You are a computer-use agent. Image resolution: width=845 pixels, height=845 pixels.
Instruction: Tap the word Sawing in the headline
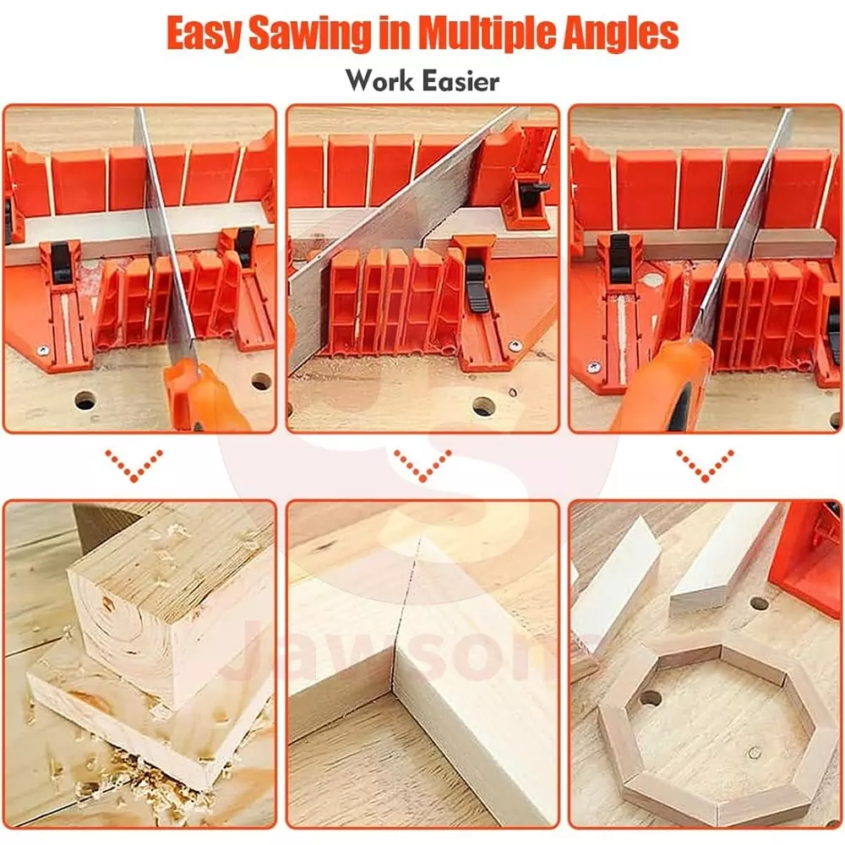(x=309, y=35)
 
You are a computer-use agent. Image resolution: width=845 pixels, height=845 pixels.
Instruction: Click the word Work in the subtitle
(x=380, y=81)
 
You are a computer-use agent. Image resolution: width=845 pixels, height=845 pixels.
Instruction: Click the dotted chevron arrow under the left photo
(x=134, y=465)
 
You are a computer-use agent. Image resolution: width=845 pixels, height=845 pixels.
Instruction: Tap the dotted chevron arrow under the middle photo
(x=422, y=465)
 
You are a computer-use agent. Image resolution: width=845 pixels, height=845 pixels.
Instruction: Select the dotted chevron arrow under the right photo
(x=705, y=465)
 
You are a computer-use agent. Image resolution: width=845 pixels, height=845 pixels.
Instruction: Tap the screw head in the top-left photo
(x=43, y=351)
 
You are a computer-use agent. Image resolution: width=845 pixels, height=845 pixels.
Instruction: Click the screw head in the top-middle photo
(x=515, y=346)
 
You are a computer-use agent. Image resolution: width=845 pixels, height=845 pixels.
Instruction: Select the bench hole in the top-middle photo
(x=482, y=406)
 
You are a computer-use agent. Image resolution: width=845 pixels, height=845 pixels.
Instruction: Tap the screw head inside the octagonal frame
(x=754, y=752)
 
